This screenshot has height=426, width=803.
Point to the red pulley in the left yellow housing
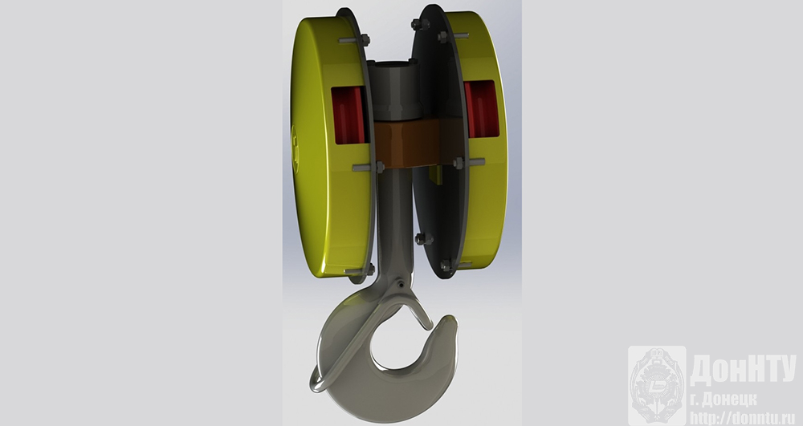click(x=349, y=115)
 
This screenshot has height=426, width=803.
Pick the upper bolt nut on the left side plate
click(x=364, y=39)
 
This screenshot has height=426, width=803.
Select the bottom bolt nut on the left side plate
click(x=369, y=269)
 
